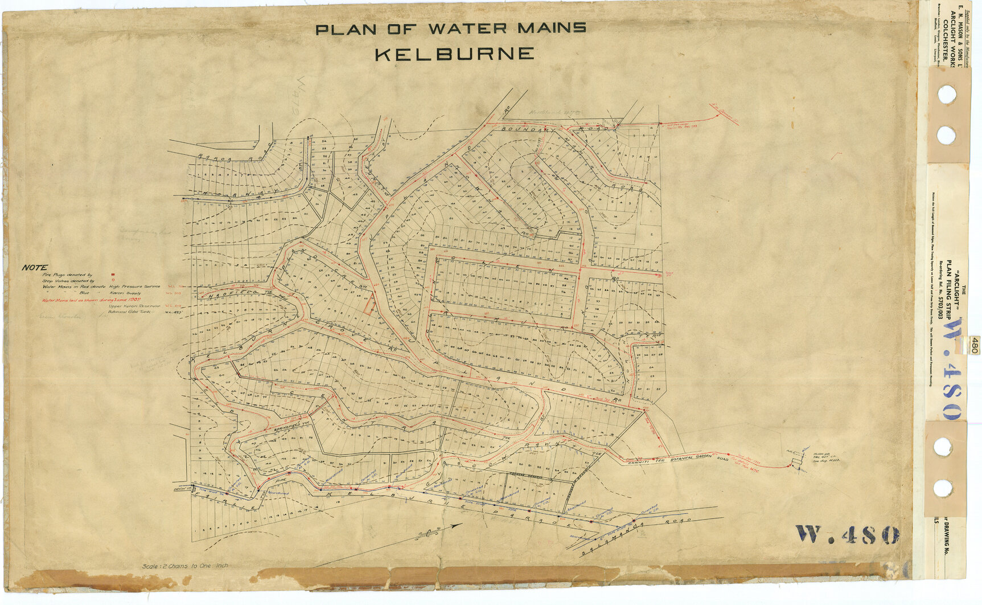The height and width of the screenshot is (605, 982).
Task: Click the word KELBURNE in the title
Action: click(454, 55)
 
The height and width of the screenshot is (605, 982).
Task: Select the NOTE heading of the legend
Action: click(35, 268)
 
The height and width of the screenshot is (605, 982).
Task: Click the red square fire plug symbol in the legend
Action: click(113, 275)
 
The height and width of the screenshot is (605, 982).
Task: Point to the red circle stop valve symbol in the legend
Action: click(113, 281)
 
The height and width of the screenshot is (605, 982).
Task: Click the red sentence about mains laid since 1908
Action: click(91, 300)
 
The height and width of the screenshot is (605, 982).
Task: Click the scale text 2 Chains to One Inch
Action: click(185, 566)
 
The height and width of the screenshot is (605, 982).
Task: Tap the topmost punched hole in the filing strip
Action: click(946, 95)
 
